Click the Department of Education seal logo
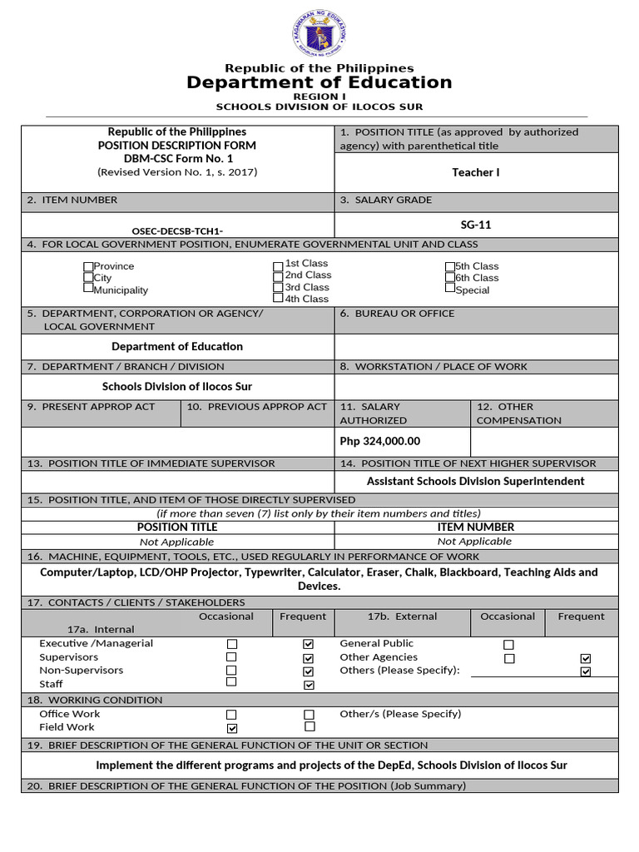pyautogui.click(x=319, y=36)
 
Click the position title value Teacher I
pyautogui.click(x=475, y=172)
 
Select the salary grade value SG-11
pyautogui.click(x=475, y=225)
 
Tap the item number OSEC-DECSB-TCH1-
pyautogui.click(x=177, y=230)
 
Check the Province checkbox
pyautogui.click(x=88, y=266)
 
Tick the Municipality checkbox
pyautogui.click(x=88, y=289)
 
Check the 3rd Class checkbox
pyautogui.click(x=278, y=287)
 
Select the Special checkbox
pyautogui.click(x=450, y=289)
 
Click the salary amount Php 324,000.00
pyautogui.click(x=380, y=441)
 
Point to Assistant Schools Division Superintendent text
pyautogui.click(x=475, y=481)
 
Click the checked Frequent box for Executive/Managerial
pyautogui.click(x=309, y=644)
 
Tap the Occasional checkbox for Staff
pyautogui.click(x=231, y=682)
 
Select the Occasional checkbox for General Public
pyautogui.click(x=508, y=645)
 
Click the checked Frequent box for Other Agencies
pyautogui.click(x=585, y=658)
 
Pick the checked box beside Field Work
pyautogui.click(x=231, y=728)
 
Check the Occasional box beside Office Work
pyautogui.click(x=231, y=715)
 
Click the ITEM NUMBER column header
pyautogui.click(x=475, y=527)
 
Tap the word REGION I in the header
pyautogui.click(x=319, y=97)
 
